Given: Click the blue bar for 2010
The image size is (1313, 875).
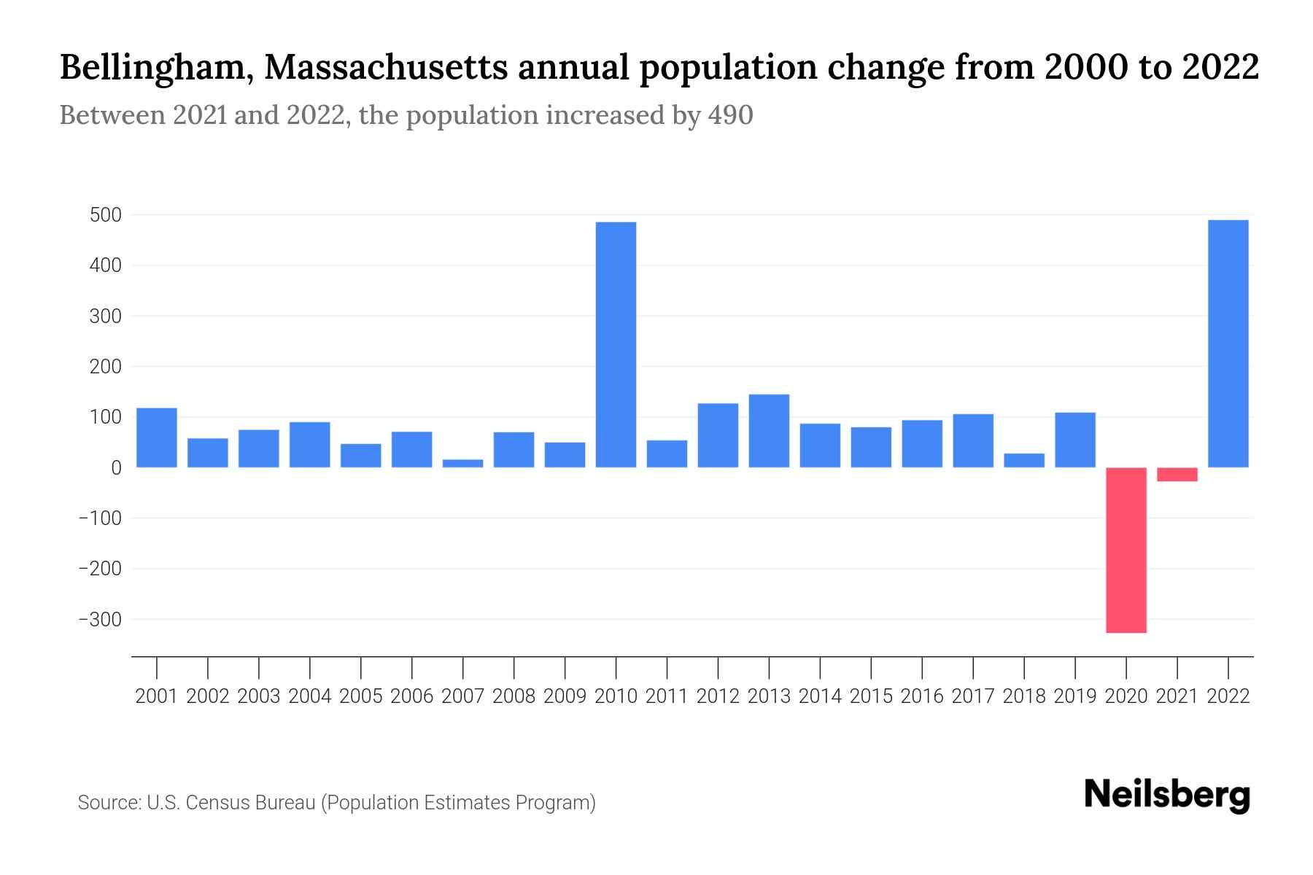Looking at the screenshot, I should (x=616, y=344).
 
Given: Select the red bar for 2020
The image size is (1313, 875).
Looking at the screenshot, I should (x=1126, y=550).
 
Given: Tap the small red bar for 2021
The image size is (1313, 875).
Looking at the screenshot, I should (x=1177, y=475).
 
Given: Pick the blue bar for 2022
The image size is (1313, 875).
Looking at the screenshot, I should (x=1228, y=343).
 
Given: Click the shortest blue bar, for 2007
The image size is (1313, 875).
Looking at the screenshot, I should (x=462, y=464).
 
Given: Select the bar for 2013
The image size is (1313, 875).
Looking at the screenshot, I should (x=769, y=431).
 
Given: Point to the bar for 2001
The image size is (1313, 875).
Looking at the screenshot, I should (x=157, y=437).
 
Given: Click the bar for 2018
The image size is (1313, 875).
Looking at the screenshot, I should (x=1024, y=460).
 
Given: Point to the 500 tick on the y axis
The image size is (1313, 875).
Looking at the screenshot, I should (x=105, y=216).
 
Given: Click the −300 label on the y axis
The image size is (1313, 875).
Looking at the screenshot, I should (x=100, y=620).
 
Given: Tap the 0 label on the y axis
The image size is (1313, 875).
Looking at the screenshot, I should (x=115, y=468).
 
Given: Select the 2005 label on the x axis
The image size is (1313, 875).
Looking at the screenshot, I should (x=361, y=696).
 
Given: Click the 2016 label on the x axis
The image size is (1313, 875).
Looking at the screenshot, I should (x=922, y=696).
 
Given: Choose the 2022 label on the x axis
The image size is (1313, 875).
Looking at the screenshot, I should (x=1228, y=696).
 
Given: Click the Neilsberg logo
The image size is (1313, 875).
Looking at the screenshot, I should (x=1167, y=796).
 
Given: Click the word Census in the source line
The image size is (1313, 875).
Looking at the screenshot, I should (x=216, y=803).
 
